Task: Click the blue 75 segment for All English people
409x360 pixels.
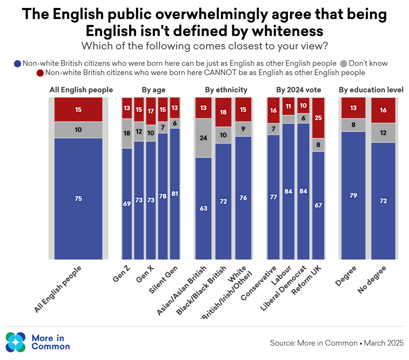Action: [x=78, y=199]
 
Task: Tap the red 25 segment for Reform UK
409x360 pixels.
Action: [x=318, y=118]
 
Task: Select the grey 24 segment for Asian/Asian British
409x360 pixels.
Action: [x=203, y=138]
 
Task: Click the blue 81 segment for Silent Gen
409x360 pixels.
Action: [x=175, y=194]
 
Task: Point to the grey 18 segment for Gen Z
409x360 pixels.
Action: [x=127, y=133]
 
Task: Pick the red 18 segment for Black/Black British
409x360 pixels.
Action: [x=223, y=112]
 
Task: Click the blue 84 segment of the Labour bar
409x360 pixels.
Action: [x=288, y=191]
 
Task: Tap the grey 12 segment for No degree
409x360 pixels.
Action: [x=383, y=133]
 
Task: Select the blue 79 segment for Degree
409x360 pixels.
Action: [x=353, y=196]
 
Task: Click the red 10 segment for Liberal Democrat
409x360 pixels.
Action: [x=303, y=105]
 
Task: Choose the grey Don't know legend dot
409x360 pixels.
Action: [x=344, y=63]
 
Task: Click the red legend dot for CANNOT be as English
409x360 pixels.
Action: [x=40, y=73]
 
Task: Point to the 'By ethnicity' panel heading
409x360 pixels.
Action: [x=226, y=90]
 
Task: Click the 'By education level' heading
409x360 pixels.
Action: [x=371, y=90]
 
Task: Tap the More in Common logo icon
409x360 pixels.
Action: [x=16, y=342]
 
